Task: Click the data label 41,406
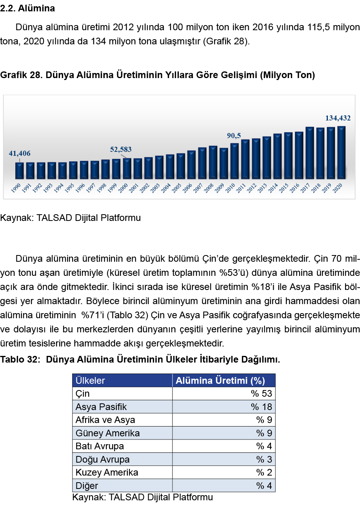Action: click(x=20, y=153)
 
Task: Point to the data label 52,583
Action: click(x=121, y=149)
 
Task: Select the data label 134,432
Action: click(x=338, y=118)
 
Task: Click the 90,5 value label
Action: click(x=234, y=136)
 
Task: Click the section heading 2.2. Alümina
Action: click(x=27, y=8)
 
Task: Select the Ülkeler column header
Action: click(x=90, y=381)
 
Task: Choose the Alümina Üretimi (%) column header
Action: click(x=220, y=381)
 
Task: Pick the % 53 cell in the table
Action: click(x=262, y=394)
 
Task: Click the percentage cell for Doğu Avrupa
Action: click(x=264, y=459)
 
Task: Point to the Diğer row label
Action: click(x=87, y=486)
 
